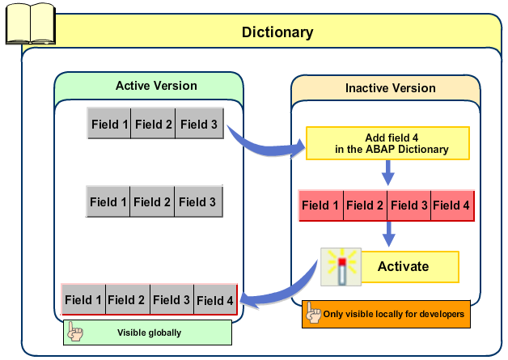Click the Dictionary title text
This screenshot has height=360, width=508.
pos(277,32)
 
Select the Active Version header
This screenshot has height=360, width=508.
pos(156,85)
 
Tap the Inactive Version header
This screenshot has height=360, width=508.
pos(390,88)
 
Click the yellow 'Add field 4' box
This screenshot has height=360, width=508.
pos(387,143)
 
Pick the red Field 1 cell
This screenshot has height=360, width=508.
pos(321,205)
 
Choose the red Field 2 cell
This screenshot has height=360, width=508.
pos(365,205)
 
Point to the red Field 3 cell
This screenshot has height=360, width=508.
pos(409,205)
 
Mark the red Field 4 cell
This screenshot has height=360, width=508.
pos(451,205)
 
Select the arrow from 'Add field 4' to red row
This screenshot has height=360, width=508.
pos(388,172)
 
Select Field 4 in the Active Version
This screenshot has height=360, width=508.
pos(215,300)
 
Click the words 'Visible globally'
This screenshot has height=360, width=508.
pos(149,332)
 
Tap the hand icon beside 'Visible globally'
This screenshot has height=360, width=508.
pos(74,331)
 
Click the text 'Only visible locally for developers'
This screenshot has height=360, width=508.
pos(394,314)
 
